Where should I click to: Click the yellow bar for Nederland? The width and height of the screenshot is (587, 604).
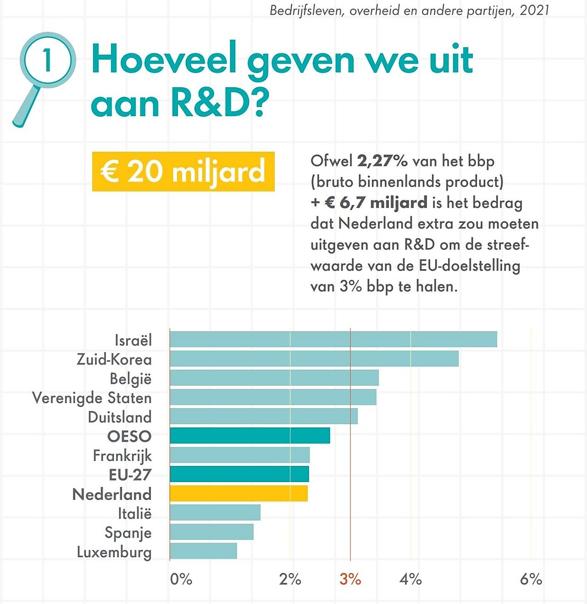238,493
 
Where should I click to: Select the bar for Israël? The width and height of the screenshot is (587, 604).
333,339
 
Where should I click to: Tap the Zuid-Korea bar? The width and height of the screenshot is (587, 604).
314,359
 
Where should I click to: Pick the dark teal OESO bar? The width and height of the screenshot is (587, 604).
249,436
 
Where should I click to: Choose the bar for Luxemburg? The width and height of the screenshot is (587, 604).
203,551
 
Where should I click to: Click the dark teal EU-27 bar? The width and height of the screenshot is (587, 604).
239,474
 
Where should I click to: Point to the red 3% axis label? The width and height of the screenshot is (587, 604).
350,579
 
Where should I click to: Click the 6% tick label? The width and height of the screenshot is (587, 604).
531,579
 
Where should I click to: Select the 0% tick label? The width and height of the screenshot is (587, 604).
181,579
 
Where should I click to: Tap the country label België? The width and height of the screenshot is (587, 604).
131,379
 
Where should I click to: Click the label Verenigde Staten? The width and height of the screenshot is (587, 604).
92,398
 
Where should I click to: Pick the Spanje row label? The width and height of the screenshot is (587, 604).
128,533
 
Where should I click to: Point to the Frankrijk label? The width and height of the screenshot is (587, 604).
122,456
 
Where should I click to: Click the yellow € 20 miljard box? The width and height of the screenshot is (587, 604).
183,172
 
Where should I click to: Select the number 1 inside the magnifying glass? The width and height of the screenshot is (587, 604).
47,60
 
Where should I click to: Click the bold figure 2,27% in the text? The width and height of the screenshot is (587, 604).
382,161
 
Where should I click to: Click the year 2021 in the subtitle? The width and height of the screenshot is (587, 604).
534,10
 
